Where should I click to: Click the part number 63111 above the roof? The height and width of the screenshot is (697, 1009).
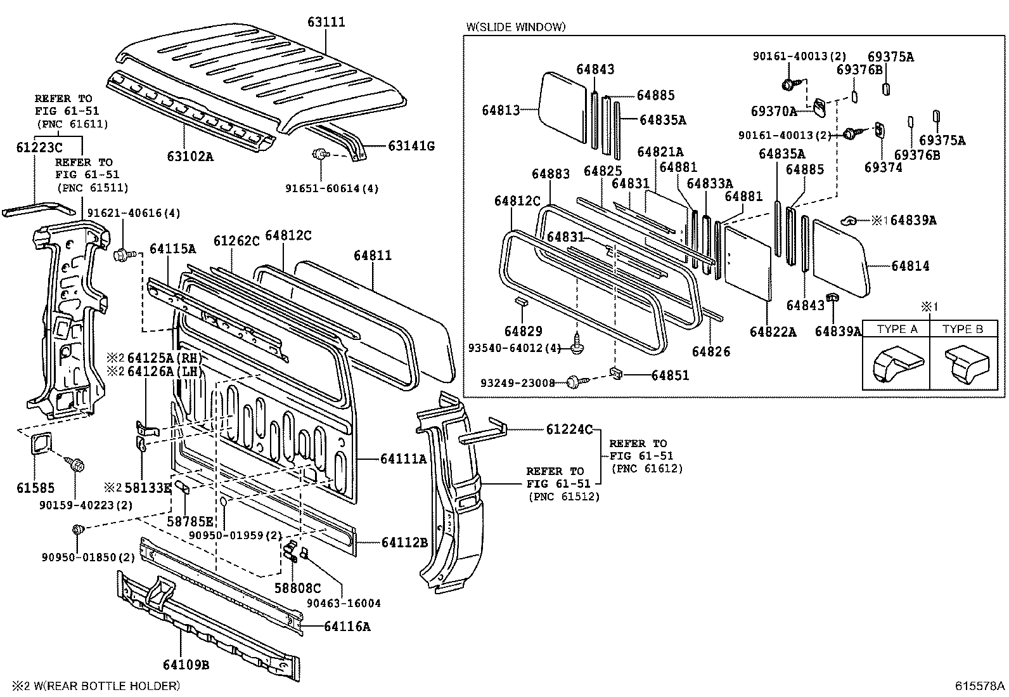click(326, 22)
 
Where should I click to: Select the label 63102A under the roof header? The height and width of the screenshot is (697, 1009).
click(190, 155)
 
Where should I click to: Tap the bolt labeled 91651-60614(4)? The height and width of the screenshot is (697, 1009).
click(320, 153)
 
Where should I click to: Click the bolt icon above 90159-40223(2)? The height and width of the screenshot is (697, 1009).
click(75, 466)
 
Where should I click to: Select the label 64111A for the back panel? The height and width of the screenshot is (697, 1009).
click(404, 458)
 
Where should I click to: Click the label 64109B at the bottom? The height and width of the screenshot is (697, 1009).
click(186, 665)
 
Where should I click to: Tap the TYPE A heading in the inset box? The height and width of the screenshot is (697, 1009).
click(897, 329)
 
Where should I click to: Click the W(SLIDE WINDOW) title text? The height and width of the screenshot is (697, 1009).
click(516, 27)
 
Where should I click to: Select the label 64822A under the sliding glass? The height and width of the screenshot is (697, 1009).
click(773, 332)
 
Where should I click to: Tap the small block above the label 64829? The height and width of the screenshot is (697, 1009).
click(523, 301)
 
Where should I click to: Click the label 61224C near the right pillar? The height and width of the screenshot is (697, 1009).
click(569, 429)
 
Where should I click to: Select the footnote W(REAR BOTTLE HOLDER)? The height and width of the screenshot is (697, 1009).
click(95, 686)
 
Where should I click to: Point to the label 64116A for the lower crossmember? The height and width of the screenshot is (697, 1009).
click(347, 627)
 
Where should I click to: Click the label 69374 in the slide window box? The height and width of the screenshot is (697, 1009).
click(884, 167)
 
